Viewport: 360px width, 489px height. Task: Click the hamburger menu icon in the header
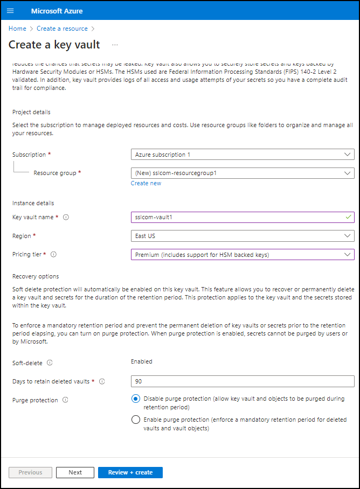(10, 11)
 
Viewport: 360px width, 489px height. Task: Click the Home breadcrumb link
(17, 29)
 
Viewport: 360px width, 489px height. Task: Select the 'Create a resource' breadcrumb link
(62, 29)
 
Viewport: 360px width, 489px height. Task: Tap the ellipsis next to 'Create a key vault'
(115, 45)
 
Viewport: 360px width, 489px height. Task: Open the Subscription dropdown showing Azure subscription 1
(243, 155)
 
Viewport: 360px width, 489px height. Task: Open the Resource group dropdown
(243, 173)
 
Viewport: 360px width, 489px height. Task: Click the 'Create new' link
(146, 183)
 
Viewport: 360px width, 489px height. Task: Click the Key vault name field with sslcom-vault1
(237, 217)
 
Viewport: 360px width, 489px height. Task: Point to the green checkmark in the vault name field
(348, 217)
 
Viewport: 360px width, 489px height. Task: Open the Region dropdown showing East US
(243, 236)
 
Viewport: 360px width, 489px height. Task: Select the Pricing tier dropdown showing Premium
(243, 255)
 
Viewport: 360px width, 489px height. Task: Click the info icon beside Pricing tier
(54, 255)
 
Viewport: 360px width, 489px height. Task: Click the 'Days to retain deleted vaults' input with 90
(243, 381)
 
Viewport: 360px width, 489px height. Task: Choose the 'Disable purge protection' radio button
(136, 399)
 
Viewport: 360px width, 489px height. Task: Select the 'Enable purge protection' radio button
(136, 420)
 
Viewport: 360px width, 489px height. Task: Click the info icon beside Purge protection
(65, 400)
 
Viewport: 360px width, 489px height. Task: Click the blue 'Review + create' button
(130, 472)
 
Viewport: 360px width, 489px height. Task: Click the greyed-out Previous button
(31, 472)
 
